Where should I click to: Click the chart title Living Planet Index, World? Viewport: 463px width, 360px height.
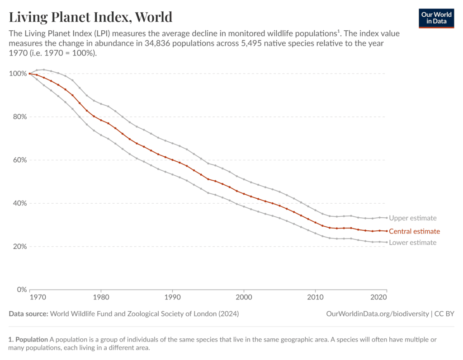coord(91,17)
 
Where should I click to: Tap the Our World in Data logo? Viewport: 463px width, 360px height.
coord(436,18)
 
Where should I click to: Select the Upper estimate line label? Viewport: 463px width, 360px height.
coord(412,218)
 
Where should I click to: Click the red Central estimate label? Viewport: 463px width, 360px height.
coord(414,231)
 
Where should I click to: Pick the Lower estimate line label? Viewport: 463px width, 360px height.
coord(412,243)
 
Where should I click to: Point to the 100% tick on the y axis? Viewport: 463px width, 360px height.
coord(18,74)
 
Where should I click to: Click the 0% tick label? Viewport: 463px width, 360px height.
coord(21,290)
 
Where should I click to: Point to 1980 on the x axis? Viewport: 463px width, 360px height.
coord(101,299)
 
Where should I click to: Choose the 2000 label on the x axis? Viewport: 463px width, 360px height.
coord(244,299)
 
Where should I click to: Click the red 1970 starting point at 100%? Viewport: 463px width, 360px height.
coord(29,74)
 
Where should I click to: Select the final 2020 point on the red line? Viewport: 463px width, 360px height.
coord(387,231)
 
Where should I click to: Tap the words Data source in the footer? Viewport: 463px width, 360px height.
coord(28,313)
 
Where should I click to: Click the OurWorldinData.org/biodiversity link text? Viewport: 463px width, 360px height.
coord(377,313)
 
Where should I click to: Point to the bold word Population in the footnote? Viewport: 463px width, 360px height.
coord(31,339)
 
